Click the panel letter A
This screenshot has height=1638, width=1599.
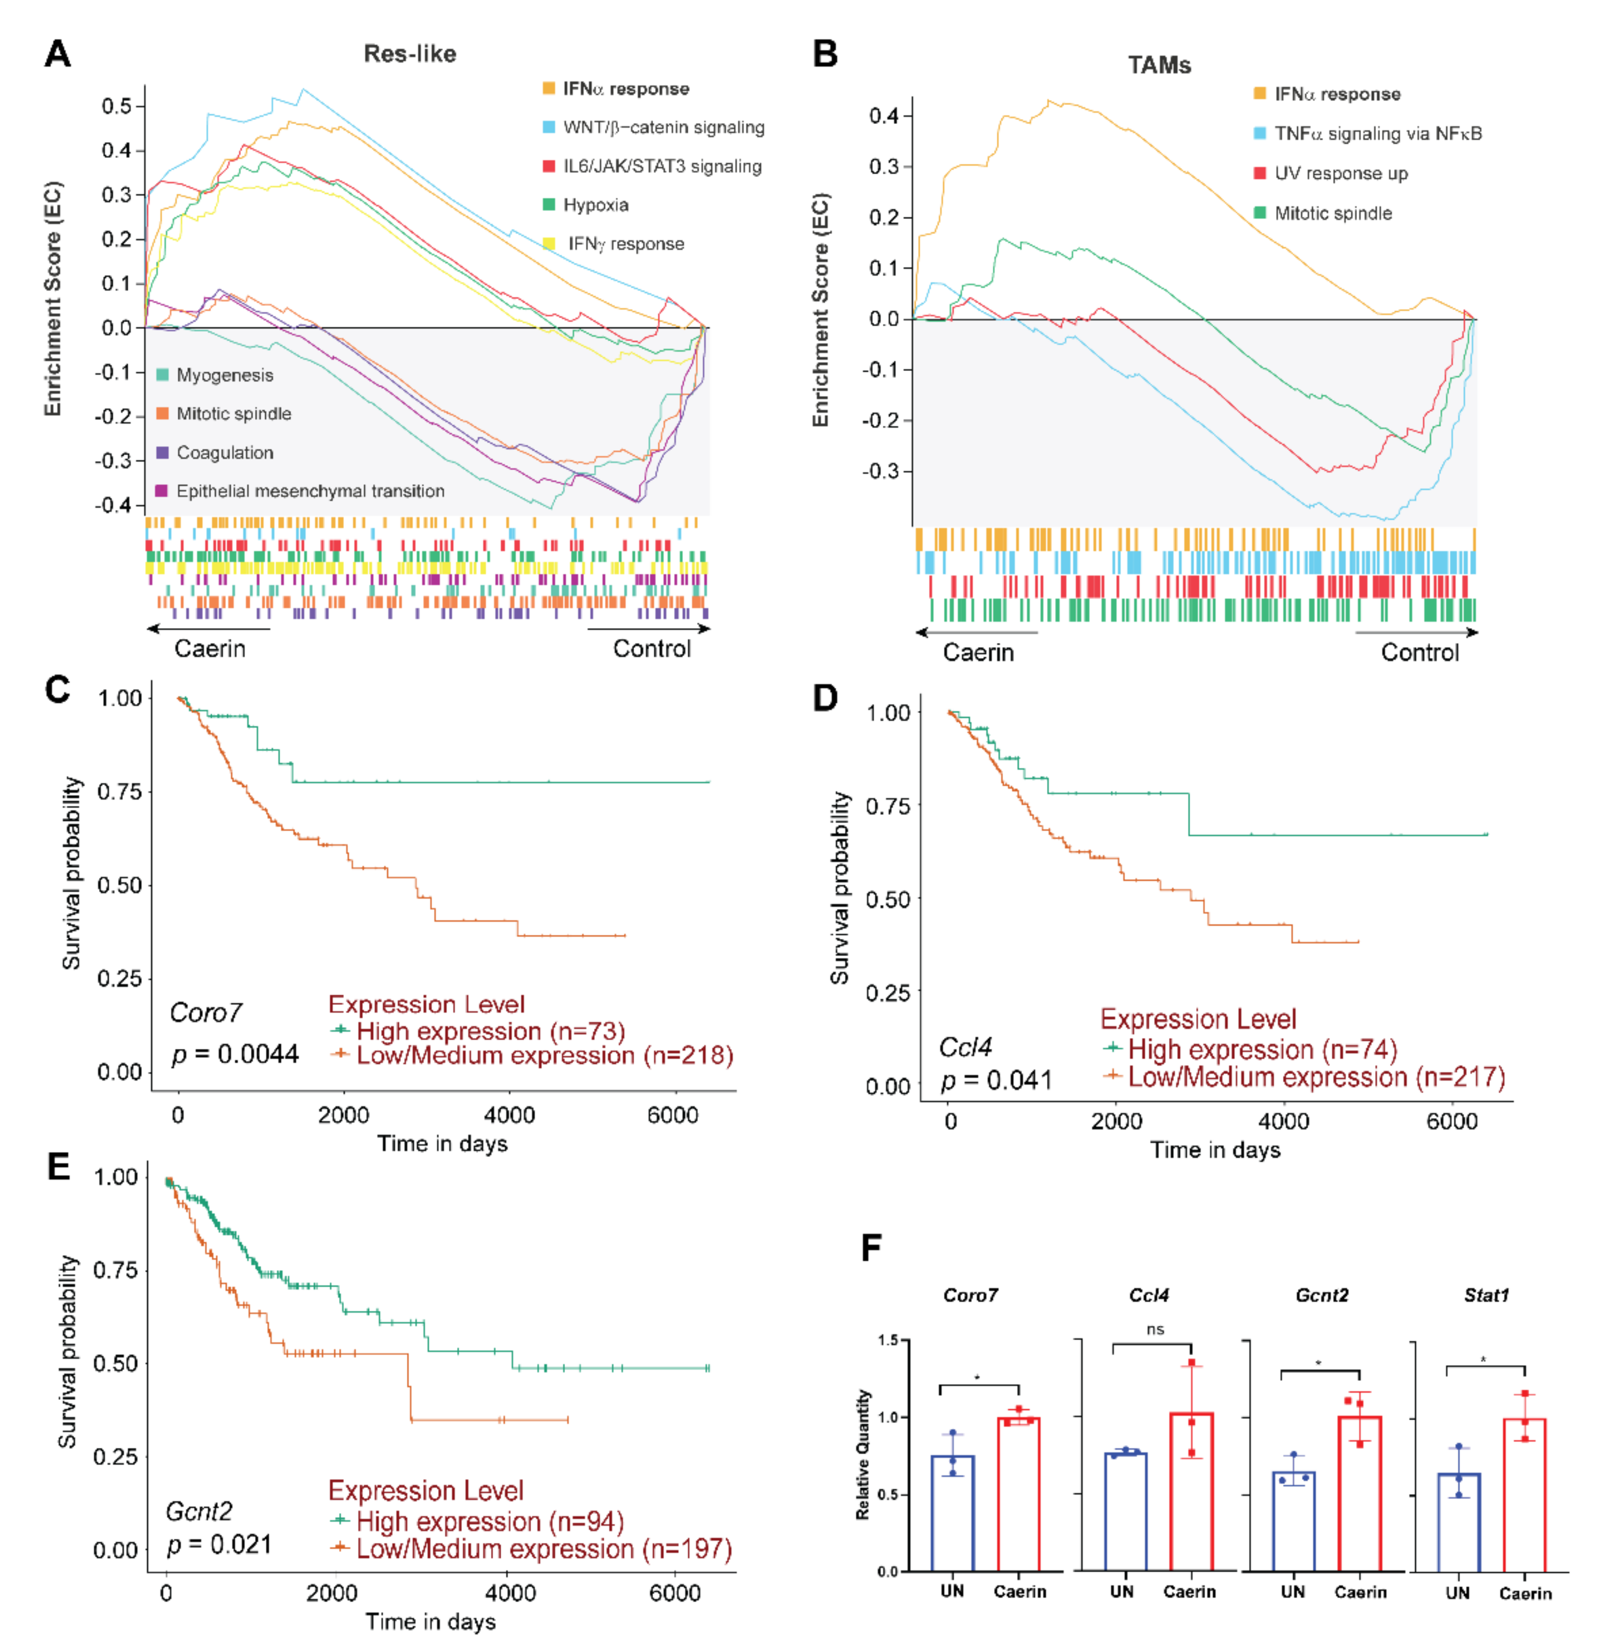click(57, 54)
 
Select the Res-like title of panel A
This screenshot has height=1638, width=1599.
click(410, 54)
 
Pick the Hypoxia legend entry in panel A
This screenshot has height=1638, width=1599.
click(595, 205)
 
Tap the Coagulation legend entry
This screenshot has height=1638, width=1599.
click(224, 453)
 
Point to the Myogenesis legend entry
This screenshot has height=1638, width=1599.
click(224, 376)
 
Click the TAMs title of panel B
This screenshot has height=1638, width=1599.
click(1159, 66)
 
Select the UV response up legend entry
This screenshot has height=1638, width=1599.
click(1340, 174)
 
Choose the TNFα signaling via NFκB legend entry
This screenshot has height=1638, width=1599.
click(1377, 133)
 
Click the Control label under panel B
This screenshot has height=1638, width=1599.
click(1419, 653)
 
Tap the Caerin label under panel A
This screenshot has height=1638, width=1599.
click(210, 648)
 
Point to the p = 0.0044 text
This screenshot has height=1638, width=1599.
click(235, 1054)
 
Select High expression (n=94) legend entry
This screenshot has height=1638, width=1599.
click(490, 1521)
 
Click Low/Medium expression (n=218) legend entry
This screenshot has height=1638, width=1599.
click(544, 1056)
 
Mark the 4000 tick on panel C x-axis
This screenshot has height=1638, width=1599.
click(509, 1116)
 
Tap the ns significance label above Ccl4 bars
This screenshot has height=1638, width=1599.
click(1155, 1330)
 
